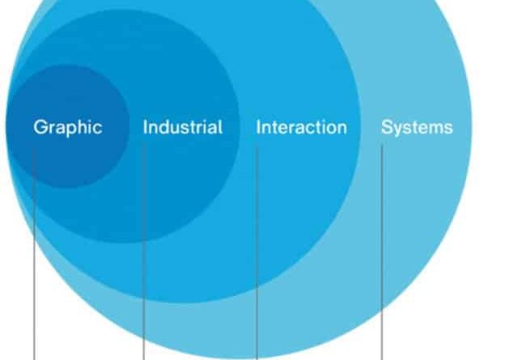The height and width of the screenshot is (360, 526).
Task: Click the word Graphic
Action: point(68,128)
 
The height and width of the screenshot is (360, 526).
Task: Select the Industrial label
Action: point(183,127)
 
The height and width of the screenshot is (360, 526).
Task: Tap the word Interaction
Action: point(302,127)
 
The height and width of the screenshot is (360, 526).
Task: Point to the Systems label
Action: point(417,128)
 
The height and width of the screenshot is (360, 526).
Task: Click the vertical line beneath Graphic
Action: point(34,254)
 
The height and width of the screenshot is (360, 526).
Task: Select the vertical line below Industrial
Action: point(144,251)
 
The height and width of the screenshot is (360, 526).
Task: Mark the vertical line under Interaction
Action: point(257,253)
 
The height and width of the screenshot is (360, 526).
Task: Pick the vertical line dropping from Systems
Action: point(382,252)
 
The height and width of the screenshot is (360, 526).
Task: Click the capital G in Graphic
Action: point(40,127)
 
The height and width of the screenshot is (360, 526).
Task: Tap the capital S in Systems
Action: point(388,127)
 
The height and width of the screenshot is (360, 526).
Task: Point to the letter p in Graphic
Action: point(70,129)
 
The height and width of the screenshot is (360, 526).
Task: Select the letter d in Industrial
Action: point(163,127)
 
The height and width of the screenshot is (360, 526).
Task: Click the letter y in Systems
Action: point(399,129)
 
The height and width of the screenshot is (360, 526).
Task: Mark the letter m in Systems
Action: point(435,129)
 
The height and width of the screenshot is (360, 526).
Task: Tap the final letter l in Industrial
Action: point(221,127)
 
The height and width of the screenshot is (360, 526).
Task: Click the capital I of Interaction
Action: point(258,127)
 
